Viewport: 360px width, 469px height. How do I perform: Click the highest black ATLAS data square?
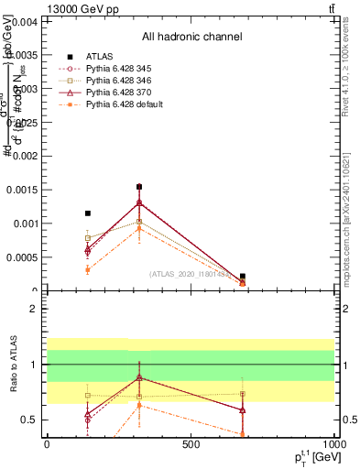pyautogui.click(x=139, y=187)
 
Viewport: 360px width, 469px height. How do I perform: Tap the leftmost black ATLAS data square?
pyautogui.click(x=88, y=213)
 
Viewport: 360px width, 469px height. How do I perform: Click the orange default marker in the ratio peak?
pyautogui.click(x=139, y=405)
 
